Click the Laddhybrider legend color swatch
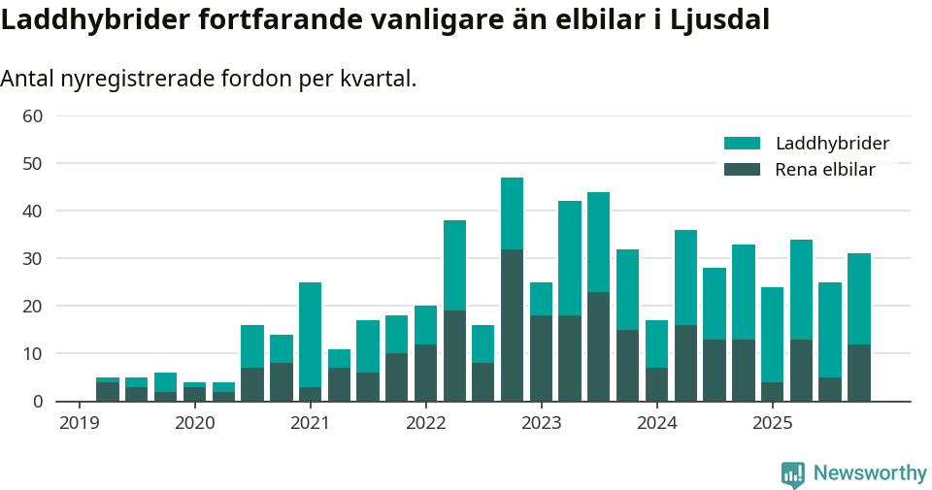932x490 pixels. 743,144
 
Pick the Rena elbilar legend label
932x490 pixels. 825,170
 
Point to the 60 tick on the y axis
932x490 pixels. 32,116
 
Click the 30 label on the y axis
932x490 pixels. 32,259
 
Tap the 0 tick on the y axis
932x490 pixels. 38,402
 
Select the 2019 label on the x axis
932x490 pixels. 79,423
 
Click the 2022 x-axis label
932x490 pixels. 425,423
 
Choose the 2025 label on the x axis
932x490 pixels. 773,423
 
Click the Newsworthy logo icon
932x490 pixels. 793,474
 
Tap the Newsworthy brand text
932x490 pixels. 870,474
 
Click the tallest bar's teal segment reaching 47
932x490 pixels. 513,213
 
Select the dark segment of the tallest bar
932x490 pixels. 513,325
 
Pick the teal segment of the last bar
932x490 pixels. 859,299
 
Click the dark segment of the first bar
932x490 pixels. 108,392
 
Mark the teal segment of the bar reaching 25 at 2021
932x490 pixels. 310,335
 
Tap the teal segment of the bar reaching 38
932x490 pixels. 454,265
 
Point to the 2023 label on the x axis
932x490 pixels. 541,423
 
